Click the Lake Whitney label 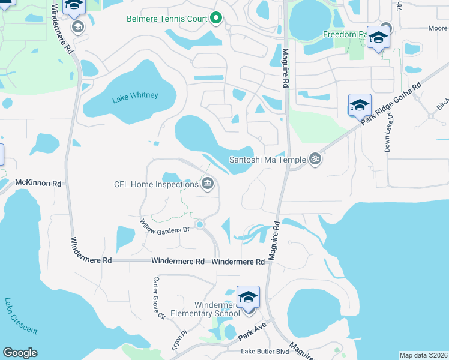click(135, 95)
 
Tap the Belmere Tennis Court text click(167, 19)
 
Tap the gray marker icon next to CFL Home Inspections click(208, 183)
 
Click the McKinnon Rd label click(38, 182)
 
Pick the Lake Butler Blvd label click(265, 352)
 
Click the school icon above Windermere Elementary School click(248, 298)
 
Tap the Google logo click(20, 353)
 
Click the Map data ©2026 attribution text click(423, 355)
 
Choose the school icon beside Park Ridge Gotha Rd click(360, 106)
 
